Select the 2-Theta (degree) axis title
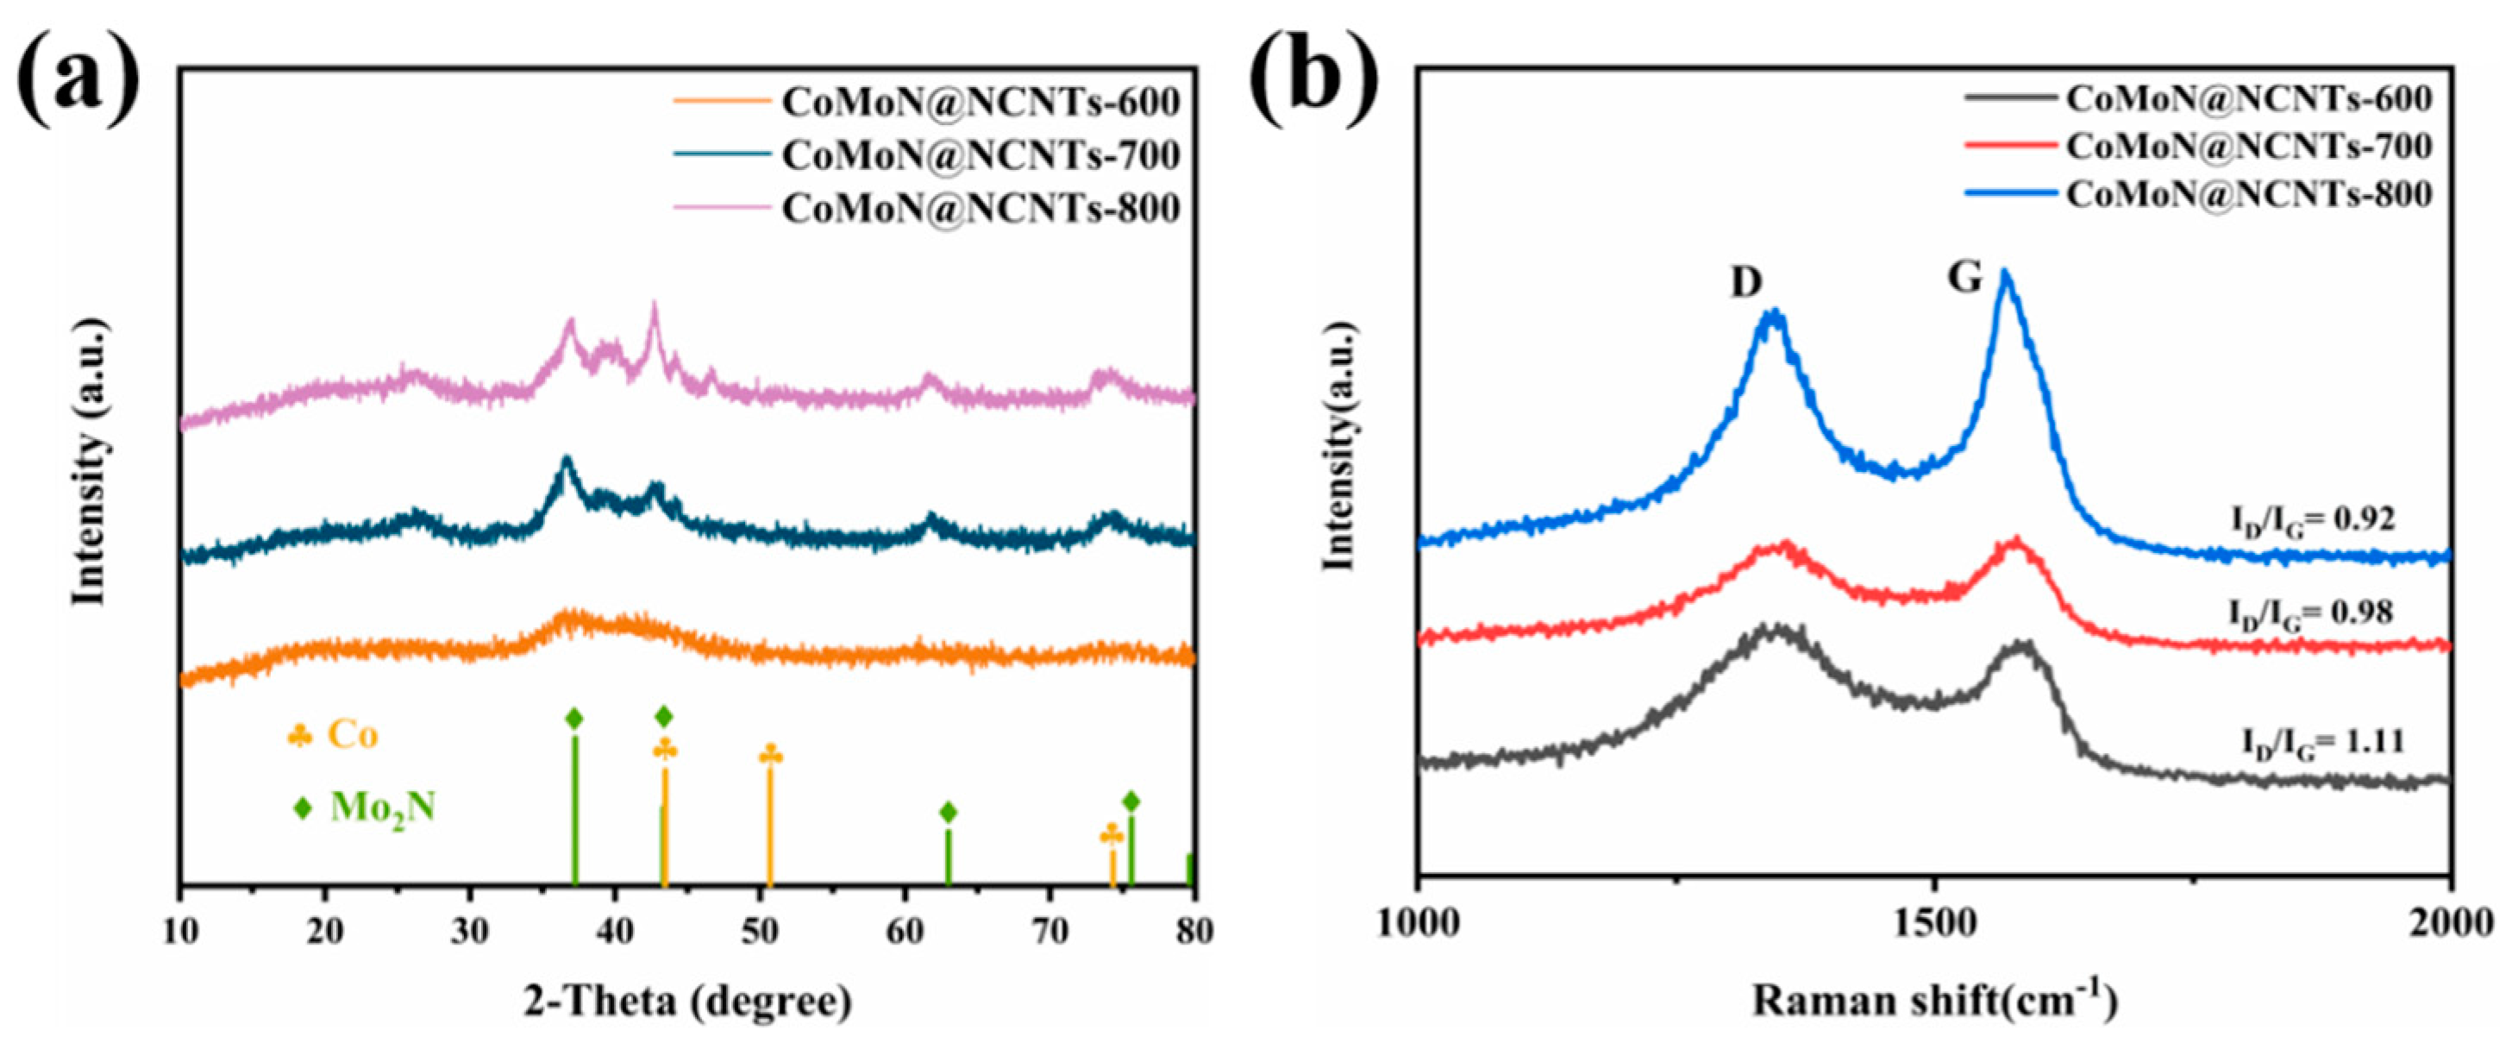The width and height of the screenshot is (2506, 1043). click(688, 1002)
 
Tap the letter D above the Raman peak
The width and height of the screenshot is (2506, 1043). click(1745, 282)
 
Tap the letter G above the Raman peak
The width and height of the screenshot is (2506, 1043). click(1964, 279)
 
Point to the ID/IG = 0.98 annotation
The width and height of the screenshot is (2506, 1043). click(2310, 613)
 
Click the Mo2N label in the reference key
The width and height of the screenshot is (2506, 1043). click(382, 807)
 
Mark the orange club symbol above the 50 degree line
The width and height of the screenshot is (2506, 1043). click(770, 755)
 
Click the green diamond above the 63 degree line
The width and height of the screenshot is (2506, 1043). click(949, 812)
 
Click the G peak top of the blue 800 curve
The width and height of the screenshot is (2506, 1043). click(2004, 275)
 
